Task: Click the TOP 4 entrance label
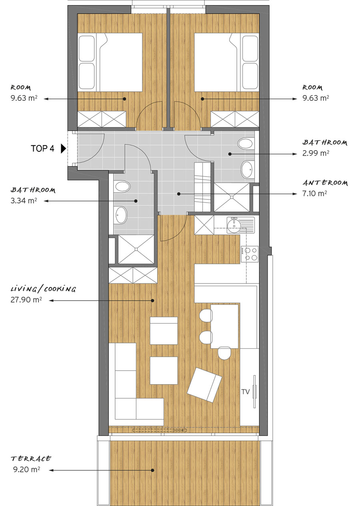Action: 42,149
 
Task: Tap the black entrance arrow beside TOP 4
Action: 64,149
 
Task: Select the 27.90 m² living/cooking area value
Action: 26,300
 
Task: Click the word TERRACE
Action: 31,459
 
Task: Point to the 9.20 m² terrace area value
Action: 27,470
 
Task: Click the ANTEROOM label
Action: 325,183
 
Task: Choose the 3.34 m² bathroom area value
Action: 24,201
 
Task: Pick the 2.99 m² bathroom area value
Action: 316,153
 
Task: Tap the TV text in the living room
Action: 246,392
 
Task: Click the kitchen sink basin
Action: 234,225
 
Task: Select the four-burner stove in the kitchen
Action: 250,254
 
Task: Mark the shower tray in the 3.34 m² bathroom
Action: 136,249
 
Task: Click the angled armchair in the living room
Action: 204,385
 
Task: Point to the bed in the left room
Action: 110,62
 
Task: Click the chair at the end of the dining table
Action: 224,353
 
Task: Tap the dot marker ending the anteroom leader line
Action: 178,194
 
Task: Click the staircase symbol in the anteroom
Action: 202,187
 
